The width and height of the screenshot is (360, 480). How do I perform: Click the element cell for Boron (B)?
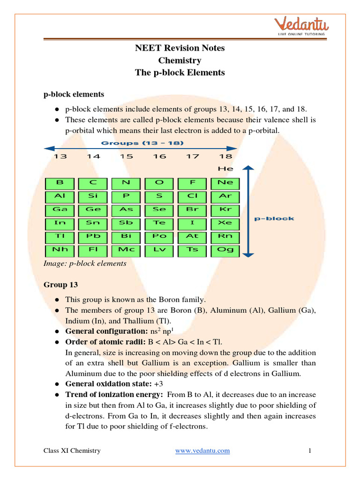(x=60, y=183)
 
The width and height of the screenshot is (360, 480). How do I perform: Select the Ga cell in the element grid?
(x=60, y=210)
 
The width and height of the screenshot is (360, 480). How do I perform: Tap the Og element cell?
(x=225, y=250)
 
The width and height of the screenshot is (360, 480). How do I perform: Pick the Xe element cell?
(x=225, y=223)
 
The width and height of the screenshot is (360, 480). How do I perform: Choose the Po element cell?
(x=159, y=237)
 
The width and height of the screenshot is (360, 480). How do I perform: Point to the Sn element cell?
(x=93, y=223)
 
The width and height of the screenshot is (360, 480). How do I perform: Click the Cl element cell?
(x=192, y=196)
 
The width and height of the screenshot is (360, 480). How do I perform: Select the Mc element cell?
(x=126, y=250)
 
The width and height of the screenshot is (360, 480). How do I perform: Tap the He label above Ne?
(x=225, y=168)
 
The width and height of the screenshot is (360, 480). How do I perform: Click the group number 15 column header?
(x=126, y=157)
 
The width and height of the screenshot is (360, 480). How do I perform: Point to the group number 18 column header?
(x=225, y=157)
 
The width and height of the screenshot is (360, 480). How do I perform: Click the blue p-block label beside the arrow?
(x=274, y=218)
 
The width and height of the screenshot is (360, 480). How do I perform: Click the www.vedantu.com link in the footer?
(x=202, y=451)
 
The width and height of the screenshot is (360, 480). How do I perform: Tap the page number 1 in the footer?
(x=310, y=451)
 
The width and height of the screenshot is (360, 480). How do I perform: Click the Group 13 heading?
(x=61, y=285)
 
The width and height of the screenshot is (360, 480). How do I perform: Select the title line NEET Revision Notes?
(x=180, y=48)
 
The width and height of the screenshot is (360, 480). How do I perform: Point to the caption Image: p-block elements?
(x=85, y=263)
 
